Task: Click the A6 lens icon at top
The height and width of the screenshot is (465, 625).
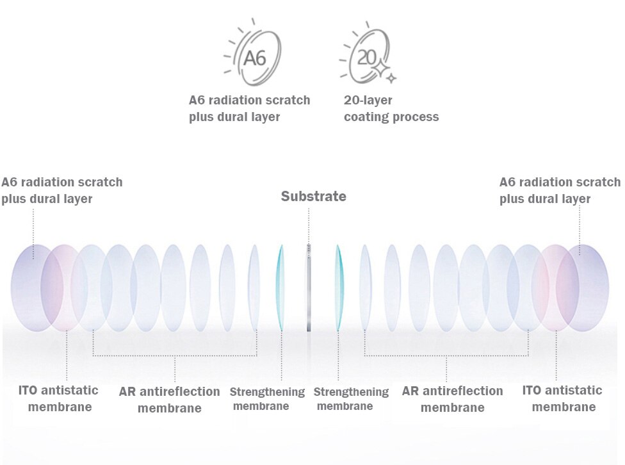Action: pyautogui.click(x=253, y=57)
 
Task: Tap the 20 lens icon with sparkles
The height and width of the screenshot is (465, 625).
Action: pyautogui.click(x=367, y=57)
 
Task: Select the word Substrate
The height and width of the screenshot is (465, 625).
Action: pyautogui.click(x=313, y=197)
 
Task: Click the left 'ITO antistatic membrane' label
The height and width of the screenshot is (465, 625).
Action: pyautogui.click(x=59, y=398)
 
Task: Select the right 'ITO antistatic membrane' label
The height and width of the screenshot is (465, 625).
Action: pyautogui.click(x=563, y=398)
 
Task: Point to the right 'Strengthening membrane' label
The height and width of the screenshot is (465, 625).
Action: pyautogui.click(x=352, y=398)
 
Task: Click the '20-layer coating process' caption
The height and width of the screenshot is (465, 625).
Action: pyautogui.click(x=391, y=109)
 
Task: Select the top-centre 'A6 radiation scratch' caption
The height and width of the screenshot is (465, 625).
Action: pyautogui.click(x=249, y=109)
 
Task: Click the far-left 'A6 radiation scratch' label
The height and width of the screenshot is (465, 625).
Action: pyautogui.click(x=61, y=190)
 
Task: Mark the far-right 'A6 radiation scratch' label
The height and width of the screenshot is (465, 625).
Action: pyautogui.click(x=560, y=190)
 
